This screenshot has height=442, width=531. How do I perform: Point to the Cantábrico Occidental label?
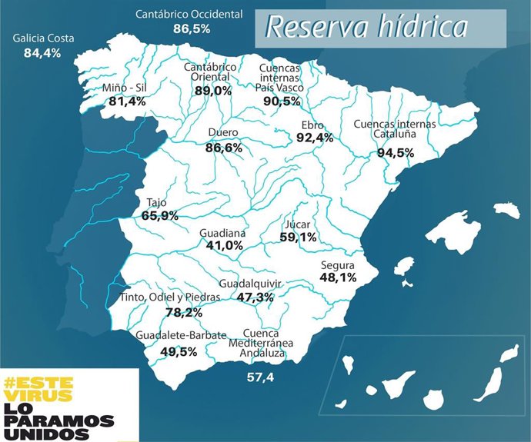[x=189, y=14]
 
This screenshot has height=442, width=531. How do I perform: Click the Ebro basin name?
[x=313, y=125]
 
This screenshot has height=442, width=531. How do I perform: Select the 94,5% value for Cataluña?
[x=395, y=152]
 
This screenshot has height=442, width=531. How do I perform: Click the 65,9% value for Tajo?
[x=160, y=217]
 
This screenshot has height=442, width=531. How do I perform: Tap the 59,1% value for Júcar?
[x=297, y=238]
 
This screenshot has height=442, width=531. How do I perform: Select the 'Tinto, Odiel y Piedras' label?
[x=169, y=297]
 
